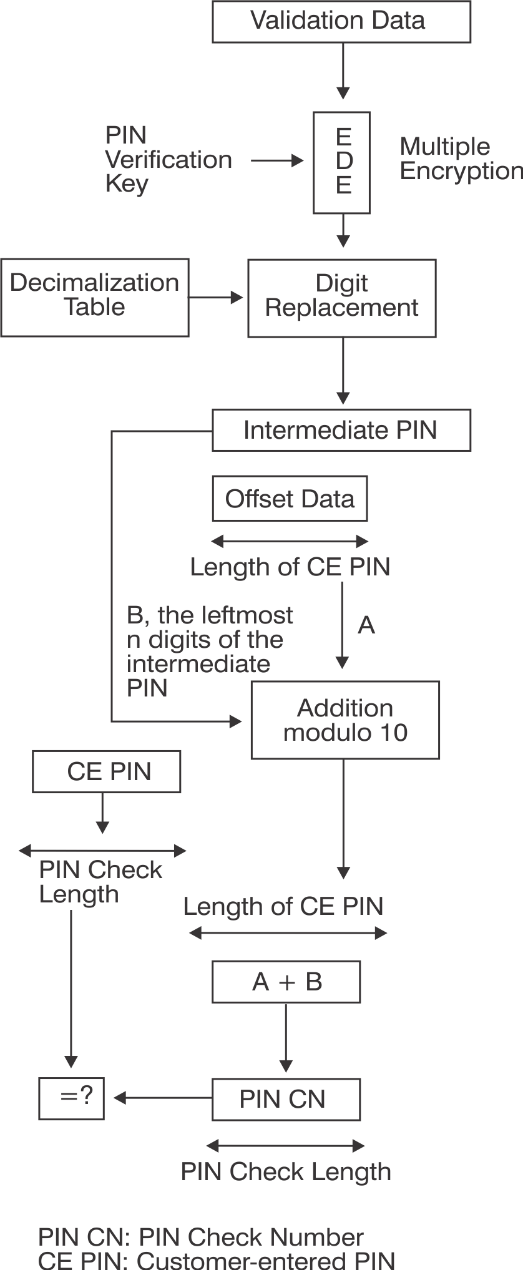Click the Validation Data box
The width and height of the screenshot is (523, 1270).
point(341,21)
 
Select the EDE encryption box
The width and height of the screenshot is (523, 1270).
point(341,162)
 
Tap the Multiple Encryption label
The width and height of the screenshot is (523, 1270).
point(461,159)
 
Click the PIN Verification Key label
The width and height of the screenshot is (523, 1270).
point(167,160)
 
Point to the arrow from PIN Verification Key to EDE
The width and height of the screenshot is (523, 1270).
point(276,161)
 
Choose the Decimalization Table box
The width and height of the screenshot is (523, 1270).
point(95,298)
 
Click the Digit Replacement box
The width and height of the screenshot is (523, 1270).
point(341,298)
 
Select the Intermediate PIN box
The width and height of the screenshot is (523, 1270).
point(341,430)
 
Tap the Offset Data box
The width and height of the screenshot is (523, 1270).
point(290,499)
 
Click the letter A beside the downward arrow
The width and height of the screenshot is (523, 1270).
point(366,625)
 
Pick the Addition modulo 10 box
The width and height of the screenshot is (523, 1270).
point(345,720)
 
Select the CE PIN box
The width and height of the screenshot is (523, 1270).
point(107,771)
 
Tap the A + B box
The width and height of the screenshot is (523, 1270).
point(286,982)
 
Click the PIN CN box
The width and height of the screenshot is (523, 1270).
point(286,1099)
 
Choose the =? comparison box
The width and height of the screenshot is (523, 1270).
point(71,1098)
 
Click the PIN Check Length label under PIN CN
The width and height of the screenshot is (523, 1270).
point(286,1171)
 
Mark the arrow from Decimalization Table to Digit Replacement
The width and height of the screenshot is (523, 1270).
point(215,298)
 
